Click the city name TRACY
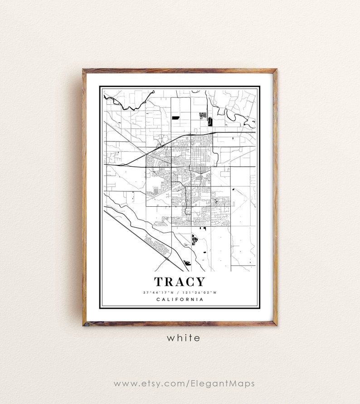pyautogui.click(x=180, y=282)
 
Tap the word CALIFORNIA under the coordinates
pyautogui.click(x=180, y=299)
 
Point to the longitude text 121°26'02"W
pyautogui.click(x=201, y=292)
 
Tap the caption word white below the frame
pyautogui.click(x=183, y=338)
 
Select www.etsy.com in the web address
pyautogui.click(x=143, y=384)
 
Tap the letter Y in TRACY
pyautogui.click(x=200, y=282)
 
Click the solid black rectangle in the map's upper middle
pyautogui.click(x=175, y=117)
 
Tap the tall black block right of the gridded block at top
pyautogui.click(x=209, y=121)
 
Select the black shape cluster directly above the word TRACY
pyautogui.click(x=195, y=239)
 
